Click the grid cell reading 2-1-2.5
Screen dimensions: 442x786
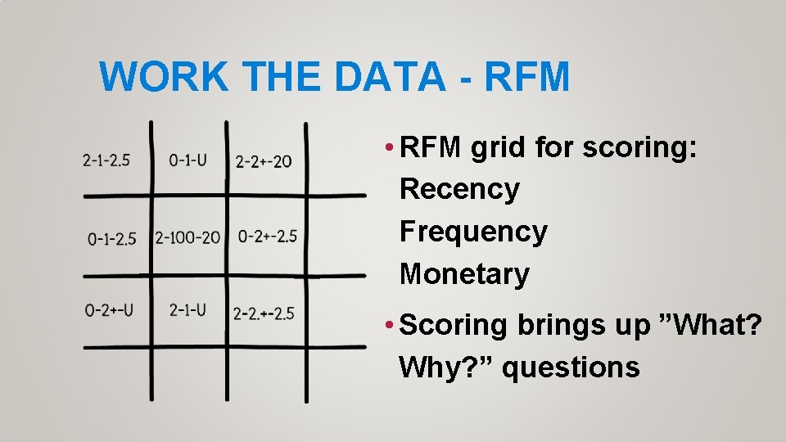pyautogui.click(x=106, y=160)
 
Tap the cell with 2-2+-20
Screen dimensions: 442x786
pyautogui.click(x=264, y=161)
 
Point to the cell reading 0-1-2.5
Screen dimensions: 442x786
pyautogui.click(x=112, y=238)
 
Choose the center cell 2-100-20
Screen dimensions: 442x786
pyautogui.click(x=187, y=237)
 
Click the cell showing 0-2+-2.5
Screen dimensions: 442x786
pyautogui.click(x=268, y=237)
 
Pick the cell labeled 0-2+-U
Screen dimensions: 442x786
pyautogui.click(x=109, y=310)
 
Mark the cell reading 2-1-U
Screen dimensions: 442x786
pyautogui.click(x=187, y=309)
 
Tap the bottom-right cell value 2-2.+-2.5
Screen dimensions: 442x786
pyautogui.click(x=264, y=313)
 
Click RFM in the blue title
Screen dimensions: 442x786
pyautogui.click(x=526, y=77)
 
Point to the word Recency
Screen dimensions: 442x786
pyautogui.click(x=459, y=189)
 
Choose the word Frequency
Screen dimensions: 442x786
pyautogui.click(x=473, y=232)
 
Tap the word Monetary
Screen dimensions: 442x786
pyautogui.click(x=464, y=274)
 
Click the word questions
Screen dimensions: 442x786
pyautogui.click(x=571, y=368)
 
